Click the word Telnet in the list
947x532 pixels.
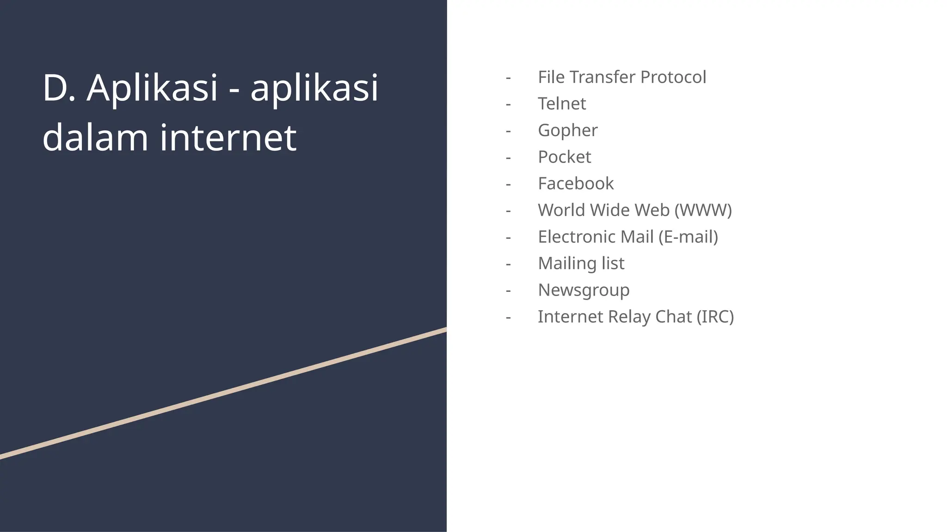pos(562,104)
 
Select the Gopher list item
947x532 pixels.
pos(568,131)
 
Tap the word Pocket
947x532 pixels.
pos(565,157)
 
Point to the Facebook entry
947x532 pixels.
pos(576,184)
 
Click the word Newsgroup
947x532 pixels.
pos(584,290)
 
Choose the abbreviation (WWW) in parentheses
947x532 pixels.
pos(703,210)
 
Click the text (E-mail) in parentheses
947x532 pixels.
pos(688,237)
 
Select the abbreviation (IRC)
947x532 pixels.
pos(715,317)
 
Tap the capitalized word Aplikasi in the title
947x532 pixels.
pos(152,88)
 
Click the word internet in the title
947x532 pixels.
pos(228,137)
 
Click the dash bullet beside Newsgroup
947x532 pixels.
pos(508,290)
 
